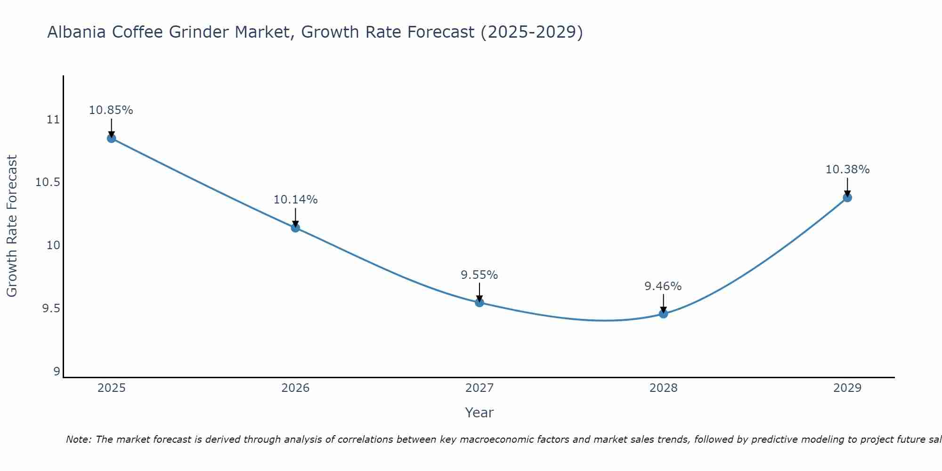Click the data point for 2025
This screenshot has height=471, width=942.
112,138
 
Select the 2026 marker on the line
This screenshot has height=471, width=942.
295,228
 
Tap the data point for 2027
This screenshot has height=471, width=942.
479,302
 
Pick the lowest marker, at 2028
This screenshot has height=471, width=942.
663,314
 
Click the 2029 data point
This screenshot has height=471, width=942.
847,197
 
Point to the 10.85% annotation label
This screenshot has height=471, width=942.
111,110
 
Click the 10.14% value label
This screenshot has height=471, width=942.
295,200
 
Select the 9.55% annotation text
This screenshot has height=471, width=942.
479,275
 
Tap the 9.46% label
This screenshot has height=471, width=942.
663,286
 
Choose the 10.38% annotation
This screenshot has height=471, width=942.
847,170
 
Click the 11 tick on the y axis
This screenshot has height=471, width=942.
53,120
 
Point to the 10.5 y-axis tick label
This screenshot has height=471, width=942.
48,182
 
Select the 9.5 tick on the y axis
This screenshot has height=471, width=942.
51,309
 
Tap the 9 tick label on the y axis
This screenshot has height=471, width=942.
57,372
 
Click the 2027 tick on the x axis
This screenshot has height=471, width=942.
479,388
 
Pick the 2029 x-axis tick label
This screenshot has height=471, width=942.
847,388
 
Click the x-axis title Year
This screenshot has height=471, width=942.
479,413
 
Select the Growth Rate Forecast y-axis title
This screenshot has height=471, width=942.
12,226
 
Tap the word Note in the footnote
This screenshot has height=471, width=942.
78,439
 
